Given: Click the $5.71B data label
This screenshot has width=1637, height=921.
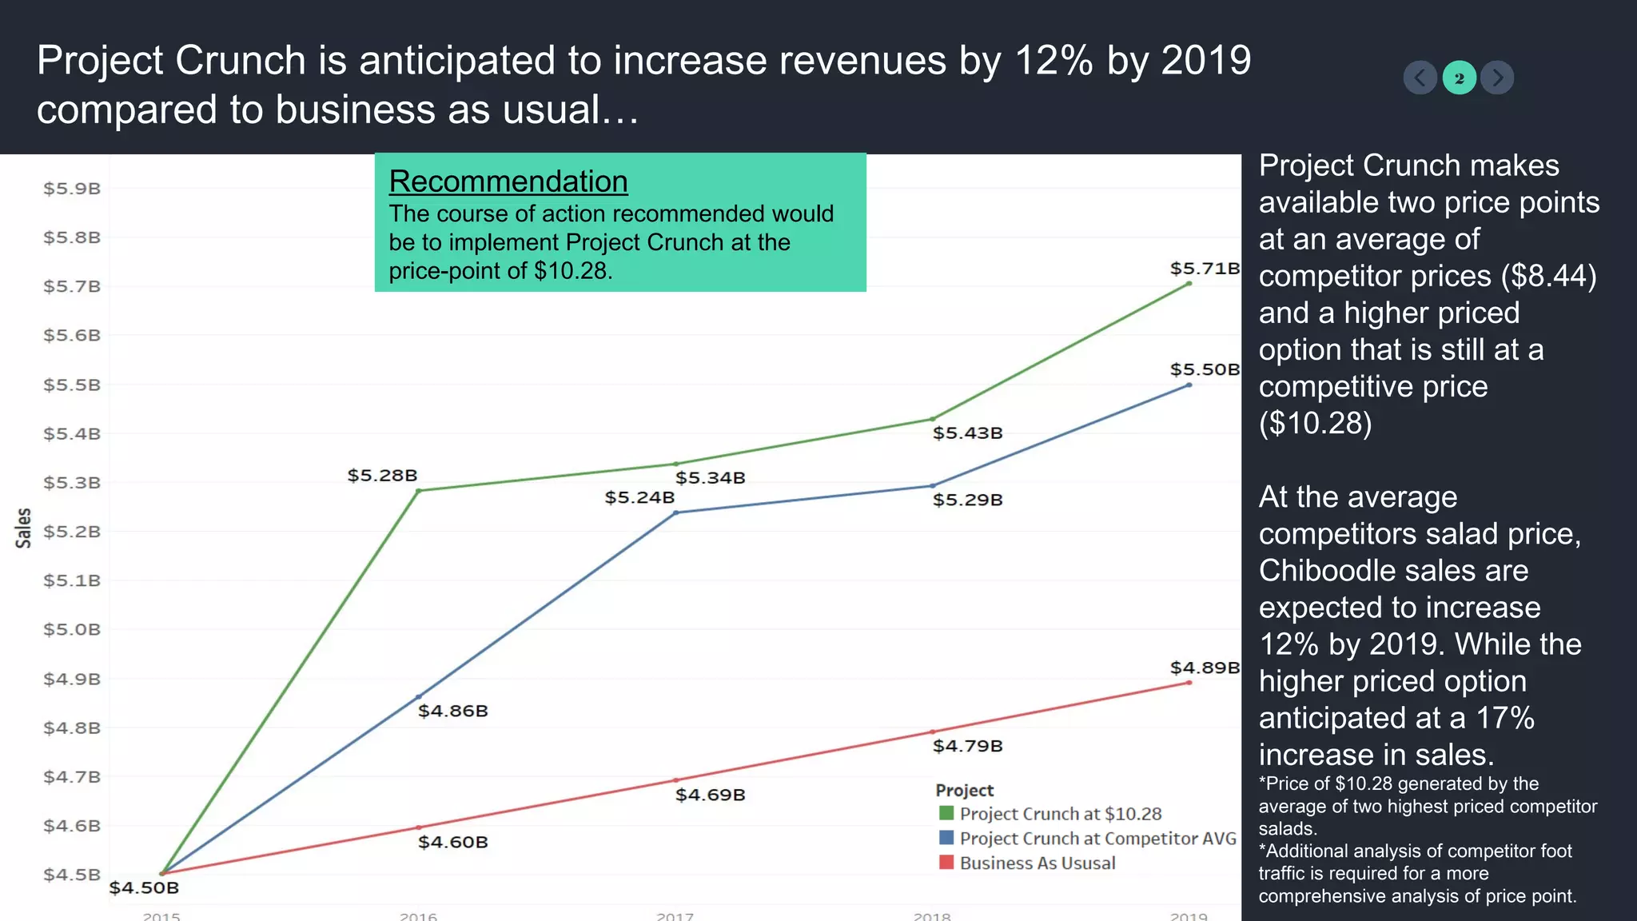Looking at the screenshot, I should (1205, 269).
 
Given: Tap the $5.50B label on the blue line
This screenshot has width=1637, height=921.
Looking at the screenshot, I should (1205, 369).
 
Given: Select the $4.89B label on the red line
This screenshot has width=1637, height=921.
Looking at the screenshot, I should (1205, 668).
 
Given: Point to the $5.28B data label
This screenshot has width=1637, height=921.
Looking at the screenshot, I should (382, 476).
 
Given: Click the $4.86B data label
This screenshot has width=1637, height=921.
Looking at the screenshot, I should (452, 711).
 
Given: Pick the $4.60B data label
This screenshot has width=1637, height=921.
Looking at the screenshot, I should (452, 842).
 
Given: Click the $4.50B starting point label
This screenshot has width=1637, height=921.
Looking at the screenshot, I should (144, 887).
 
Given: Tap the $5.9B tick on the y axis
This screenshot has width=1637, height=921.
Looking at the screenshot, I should (72, 189).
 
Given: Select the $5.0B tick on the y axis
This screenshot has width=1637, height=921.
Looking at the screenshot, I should (72, 630).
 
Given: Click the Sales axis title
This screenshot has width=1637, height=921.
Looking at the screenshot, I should (23, 528).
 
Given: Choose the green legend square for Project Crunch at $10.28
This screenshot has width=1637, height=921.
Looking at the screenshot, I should (946, 813).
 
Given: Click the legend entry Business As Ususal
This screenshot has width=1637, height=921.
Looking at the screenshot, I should (1037, 863).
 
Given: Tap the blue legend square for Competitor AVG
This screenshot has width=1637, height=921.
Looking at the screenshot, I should (946, 838).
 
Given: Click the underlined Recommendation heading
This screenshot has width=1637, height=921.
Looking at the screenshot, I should (508, 181).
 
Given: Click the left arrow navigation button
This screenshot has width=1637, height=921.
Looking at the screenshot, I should (1420, 78).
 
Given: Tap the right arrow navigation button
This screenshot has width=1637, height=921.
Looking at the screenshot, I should (1497, 78).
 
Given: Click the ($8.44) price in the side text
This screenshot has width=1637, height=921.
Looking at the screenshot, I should (1548, 276).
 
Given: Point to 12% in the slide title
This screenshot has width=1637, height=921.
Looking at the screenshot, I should (1053, 61).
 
